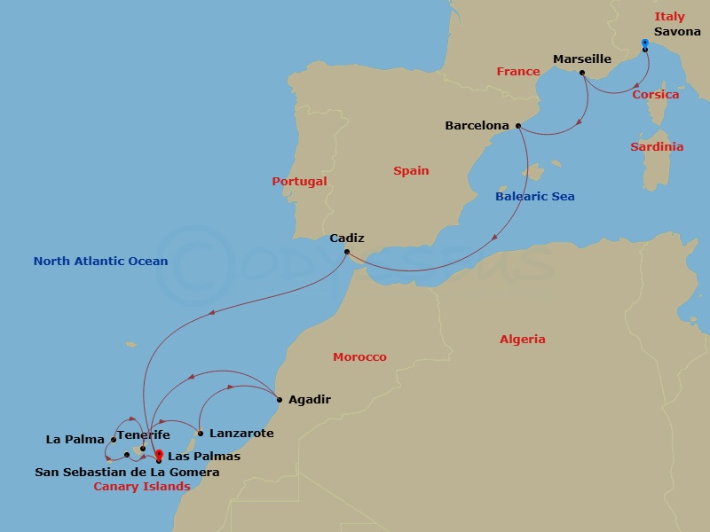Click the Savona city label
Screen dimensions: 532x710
[x=677, y=32]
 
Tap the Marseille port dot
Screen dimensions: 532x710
[x=581, y=73]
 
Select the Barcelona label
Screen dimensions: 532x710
[x=477, y=126]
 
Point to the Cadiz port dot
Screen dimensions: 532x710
[x=347, y=251]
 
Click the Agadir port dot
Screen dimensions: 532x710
[x=280, y=400]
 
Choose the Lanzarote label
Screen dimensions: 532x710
[x=241, y=434]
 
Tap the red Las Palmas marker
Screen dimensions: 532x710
[x=159, y=455]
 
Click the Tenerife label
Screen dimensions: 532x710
[x=143, y=435]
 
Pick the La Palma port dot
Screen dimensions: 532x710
[x=114, y=440]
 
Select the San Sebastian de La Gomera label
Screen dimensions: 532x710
[x=127, y=473]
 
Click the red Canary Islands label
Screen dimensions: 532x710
[x=142, y=486]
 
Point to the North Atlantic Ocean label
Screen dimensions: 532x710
[x=100, y=261]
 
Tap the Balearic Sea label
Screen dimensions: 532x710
[x=534, y=196]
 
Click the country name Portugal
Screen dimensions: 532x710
[x=299, y=181]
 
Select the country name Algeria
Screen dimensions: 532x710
[x=523, y=339]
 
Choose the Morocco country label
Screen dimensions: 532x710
[x=359, y=356]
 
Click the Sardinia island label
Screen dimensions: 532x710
[x=657, y=146]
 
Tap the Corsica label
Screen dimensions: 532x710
[x=655, y=94]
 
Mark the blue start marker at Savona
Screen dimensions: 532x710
[x=645, y=43]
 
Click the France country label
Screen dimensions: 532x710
[x=518, y=71]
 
